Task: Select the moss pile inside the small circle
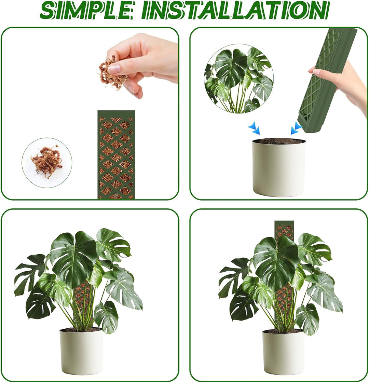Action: [47, 162]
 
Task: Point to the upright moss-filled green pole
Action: [116, 155]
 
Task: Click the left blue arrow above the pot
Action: [254, 128]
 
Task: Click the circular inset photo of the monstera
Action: [239, 79]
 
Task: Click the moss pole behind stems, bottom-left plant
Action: [83, 303]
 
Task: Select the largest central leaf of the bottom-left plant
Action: [73, 259]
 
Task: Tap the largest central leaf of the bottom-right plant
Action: [276, 263]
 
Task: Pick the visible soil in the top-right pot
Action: [279, 141]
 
